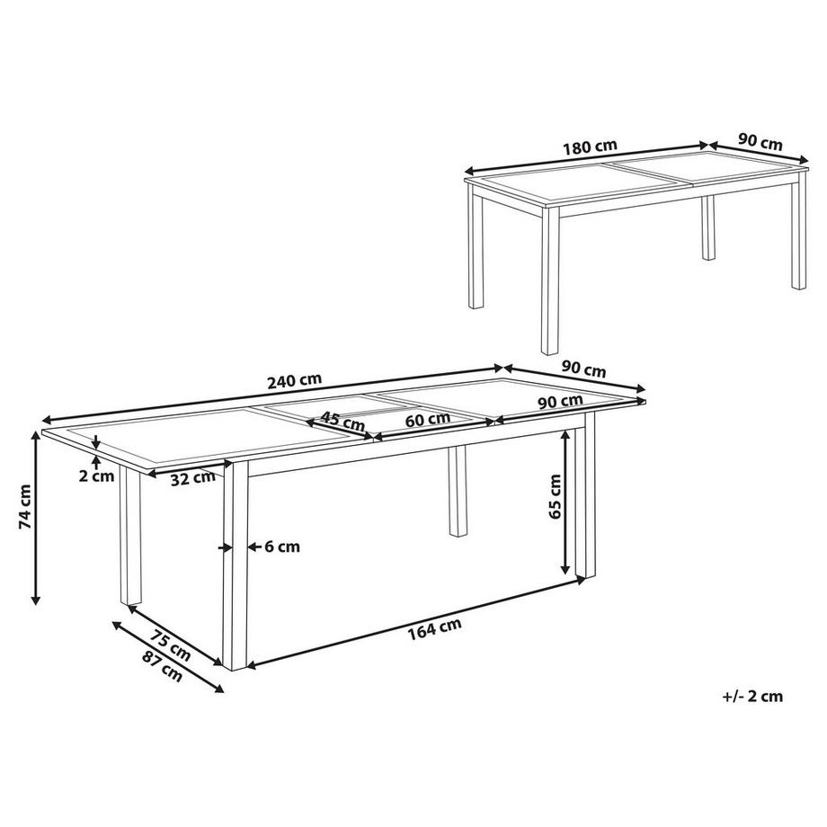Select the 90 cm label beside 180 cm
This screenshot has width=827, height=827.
760,142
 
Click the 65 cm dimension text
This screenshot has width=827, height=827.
555,497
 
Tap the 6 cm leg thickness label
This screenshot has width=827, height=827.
281,546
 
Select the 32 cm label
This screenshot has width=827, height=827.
191,476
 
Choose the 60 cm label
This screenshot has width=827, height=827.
427,419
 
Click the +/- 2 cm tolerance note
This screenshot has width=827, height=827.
752,695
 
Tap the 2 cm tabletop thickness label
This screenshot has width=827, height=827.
96,476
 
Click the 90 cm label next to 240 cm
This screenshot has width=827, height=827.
583,369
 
